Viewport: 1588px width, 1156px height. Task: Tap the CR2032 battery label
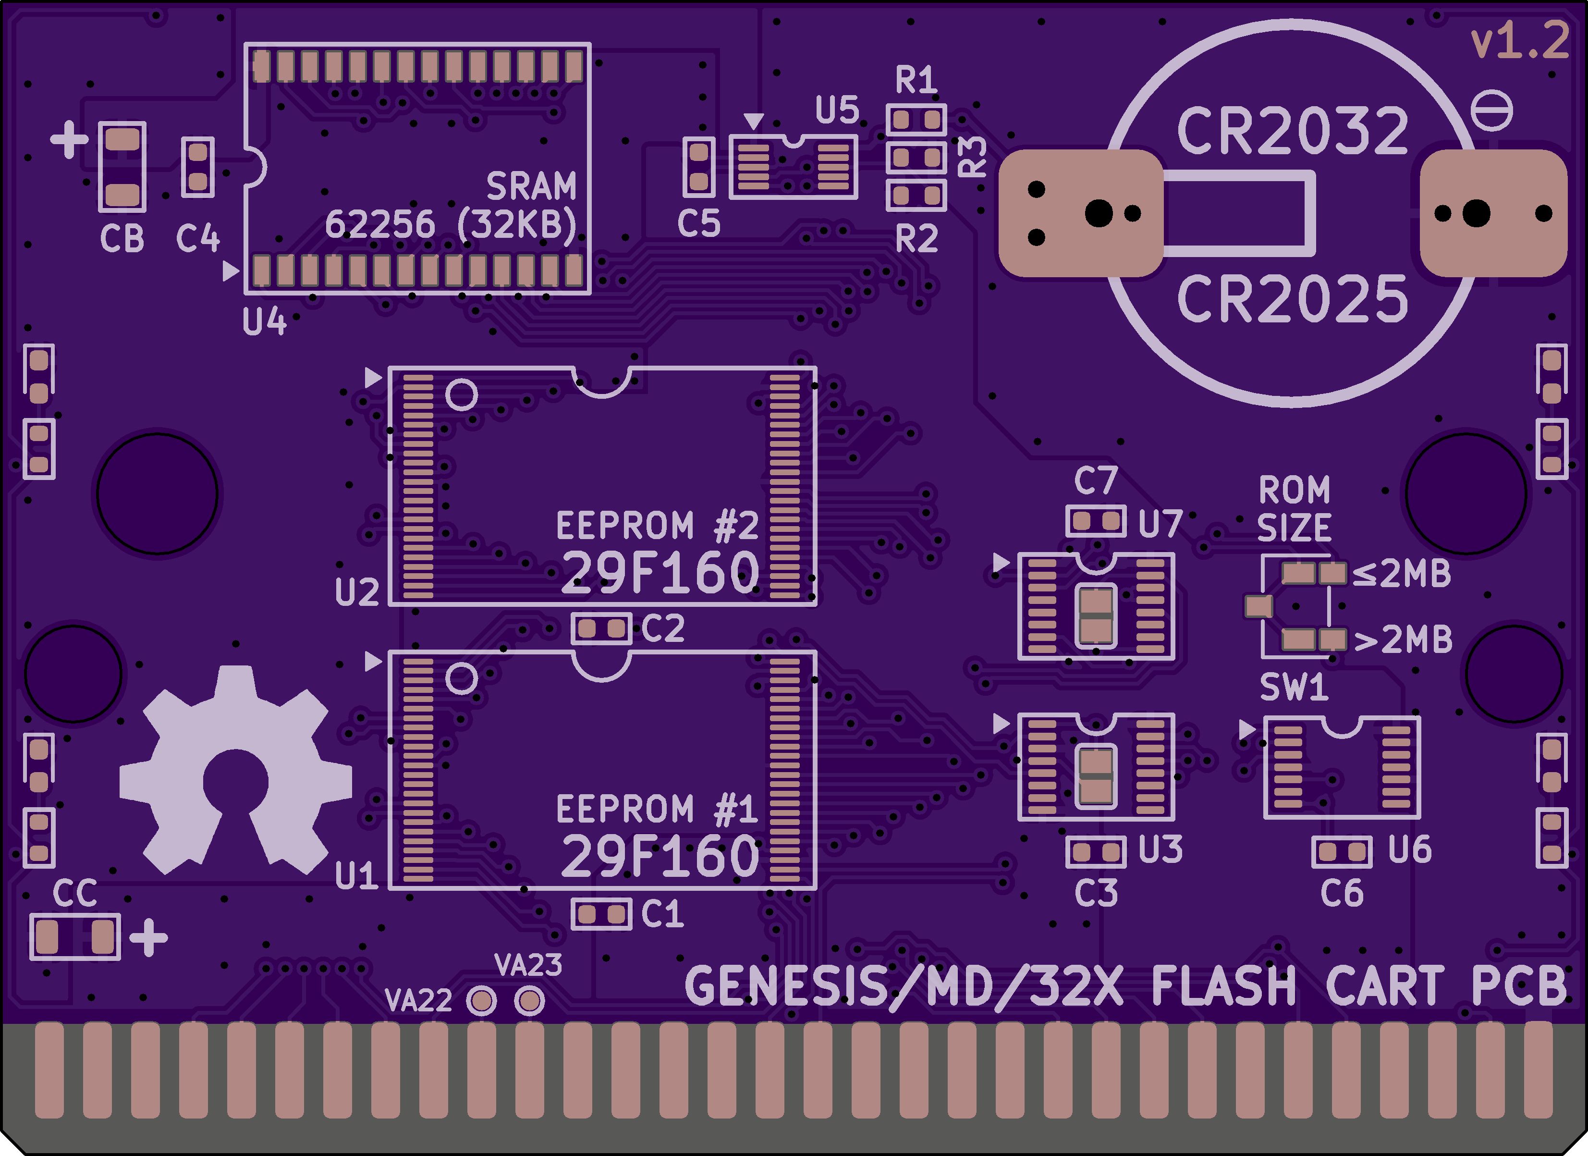[x=1293, y=131]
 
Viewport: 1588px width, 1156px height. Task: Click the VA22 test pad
[x=482, y=1000]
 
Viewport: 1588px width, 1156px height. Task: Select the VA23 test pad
[x=529, y=1000]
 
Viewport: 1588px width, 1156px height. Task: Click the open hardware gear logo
[x=235, y=770]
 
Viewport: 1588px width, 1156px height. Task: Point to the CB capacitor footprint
[x=122, y=167]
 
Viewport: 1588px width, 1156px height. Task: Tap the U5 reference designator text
[x=837, y=110]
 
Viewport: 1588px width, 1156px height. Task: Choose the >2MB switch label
[x=1403, y=640]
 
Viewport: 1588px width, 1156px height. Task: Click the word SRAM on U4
[x=531, y=186]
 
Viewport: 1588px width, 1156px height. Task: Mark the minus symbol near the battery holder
[x=1491, y=111]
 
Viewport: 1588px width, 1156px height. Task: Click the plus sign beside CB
[x=69, y=139]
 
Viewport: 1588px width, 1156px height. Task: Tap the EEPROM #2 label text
[x=657, y=526]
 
